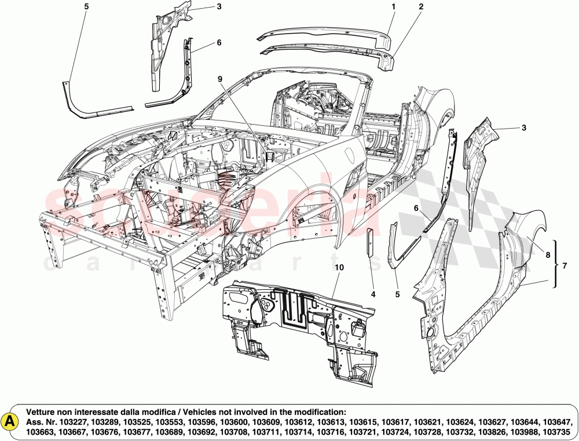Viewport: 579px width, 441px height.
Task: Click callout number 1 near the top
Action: [393, 6]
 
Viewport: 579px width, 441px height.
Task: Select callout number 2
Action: [421, 7]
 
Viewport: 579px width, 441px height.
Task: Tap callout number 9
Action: [220, 78]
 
